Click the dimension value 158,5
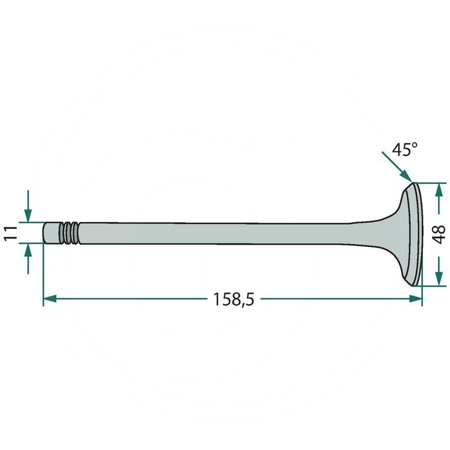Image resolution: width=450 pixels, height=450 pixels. click(233, 299)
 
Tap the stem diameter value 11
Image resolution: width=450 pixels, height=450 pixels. click(10, 232)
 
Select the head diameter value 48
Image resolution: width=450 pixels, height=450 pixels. click(440, 233)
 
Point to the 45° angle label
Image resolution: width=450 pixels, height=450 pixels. click(405, 150)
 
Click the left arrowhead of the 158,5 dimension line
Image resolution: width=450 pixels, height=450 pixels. click(49, 299)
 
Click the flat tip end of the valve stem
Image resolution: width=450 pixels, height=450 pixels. click(45, 232)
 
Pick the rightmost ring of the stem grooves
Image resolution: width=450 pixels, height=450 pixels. click(75, 233)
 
